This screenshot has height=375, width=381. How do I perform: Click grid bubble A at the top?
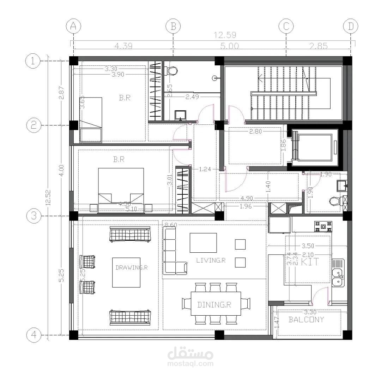(x=73, y=26)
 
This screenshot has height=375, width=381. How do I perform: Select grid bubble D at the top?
(x=350, y=26)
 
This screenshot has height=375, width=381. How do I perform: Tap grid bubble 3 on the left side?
(x=33, y=216)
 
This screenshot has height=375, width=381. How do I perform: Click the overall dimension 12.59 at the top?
(x=225, y=35)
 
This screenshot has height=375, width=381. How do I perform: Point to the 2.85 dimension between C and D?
(x=318, y=46)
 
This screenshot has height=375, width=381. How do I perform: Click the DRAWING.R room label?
(x=131, y=268)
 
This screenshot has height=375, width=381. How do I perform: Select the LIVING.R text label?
(x=211, y=260)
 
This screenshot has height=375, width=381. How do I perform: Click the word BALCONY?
(x=306, y=320)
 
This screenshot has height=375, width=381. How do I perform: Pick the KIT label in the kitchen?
(x=310, y=262)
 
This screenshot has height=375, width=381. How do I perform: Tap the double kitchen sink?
(x=338, y=277)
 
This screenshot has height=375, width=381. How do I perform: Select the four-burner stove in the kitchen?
(x=323, y=226)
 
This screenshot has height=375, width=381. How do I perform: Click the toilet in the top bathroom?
(x=172, y=70)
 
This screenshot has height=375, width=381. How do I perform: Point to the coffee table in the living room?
(x=203, y=242)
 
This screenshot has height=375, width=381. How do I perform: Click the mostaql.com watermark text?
(x=190, y=363)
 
